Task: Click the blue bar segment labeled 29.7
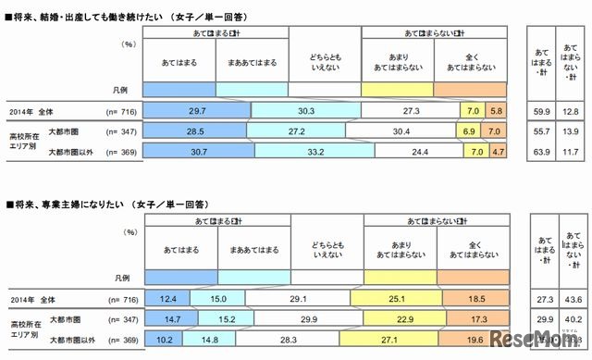pyautogui.click(x=195, y=110)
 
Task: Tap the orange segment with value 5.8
pyautogui.click(x=497, y=110)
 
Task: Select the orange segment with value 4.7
pyautogui.click(x=499, y=153)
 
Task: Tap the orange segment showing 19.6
pyautogui.click(x=475, y=340)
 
